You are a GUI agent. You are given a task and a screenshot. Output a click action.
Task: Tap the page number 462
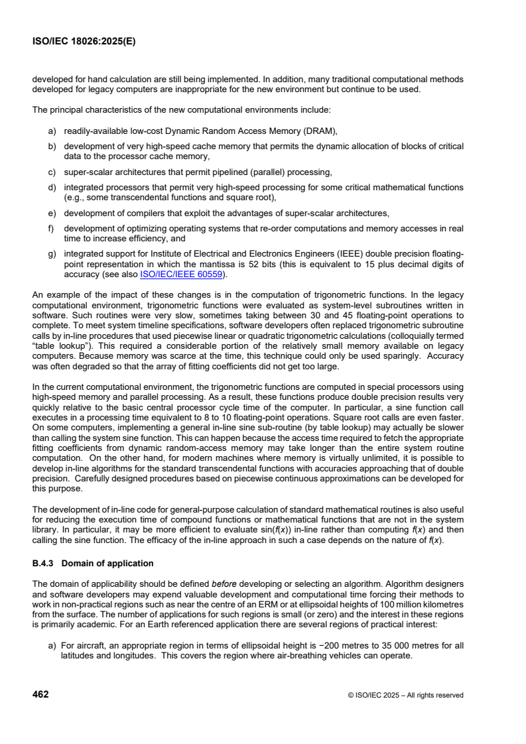[40, 695]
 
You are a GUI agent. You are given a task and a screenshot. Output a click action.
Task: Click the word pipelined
[220, 172]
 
